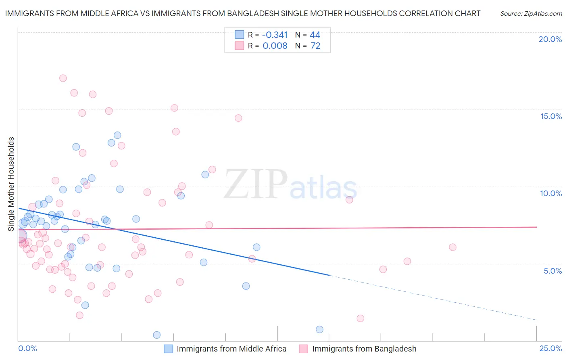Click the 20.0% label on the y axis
click(x=550, y=39)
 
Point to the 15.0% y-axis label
click(x=551, y=116)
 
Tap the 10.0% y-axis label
click(x=551, y=193)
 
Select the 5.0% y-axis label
click(x=552, y=271)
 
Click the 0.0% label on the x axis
click(x=27, y=348)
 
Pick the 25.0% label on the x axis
click(x=550, y=348)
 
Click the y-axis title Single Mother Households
click(x=11, y=184)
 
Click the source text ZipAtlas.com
click(x=531, y=14)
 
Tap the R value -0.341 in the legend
click(x=275, y=35)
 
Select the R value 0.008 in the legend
click(x=275, y=46)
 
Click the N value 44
click(x=315, y=35)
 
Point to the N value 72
click(x=315, y=46)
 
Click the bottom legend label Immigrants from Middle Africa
click(x=231, y=349)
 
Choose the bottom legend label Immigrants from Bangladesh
click(x=364, y=349)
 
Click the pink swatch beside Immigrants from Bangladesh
click(x=303, y=349)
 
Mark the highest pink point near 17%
click(x=63, y=78)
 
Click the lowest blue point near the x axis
click(x=157, y=335)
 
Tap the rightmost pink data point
click(x=452, y=247)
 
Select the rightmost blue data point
click(x=319, y=329)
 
